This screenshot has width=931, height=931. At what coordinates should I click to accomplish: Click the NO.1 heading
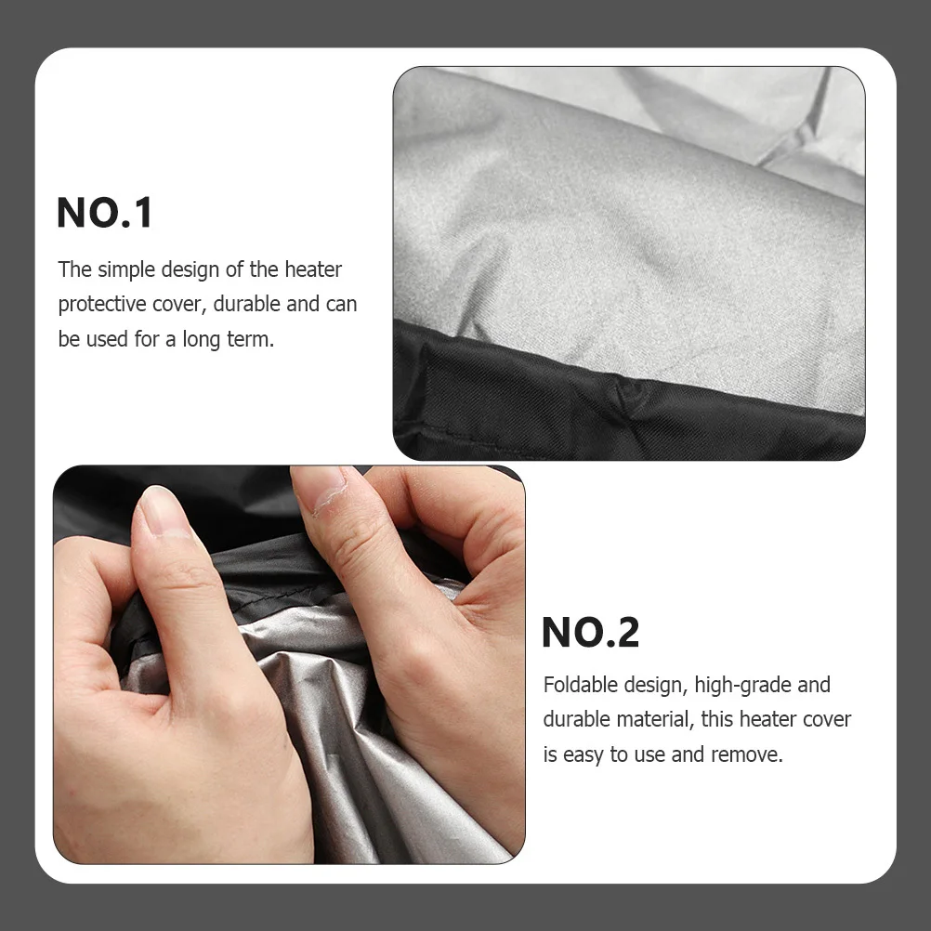tap(104, 213)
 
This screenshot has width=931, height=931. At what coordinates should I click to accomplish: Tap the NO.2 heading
tap(590, 633)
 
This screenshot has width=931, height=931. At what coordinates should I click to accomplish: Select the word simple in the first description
tap(125, 269)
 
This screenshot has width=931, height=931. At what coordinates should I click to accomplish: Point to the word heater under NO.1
tap(313, 269)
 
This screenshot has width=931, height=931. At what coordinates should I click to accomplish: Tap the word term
tap(250, 339)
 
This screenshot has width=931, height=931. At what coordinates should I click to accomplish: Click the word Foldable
tap(581, 685)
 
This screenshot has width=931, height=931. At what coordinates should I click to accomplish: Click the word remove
tap(748, 754)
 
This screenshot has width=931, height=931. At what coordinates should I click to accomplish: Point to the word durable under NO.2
tap(576, 720)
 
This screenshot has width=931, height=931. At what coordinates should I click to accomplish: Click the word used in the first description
tap(107, 339)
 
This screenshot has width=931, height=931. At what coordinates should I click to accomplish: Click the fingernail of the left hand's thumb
tap(164, 510)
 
